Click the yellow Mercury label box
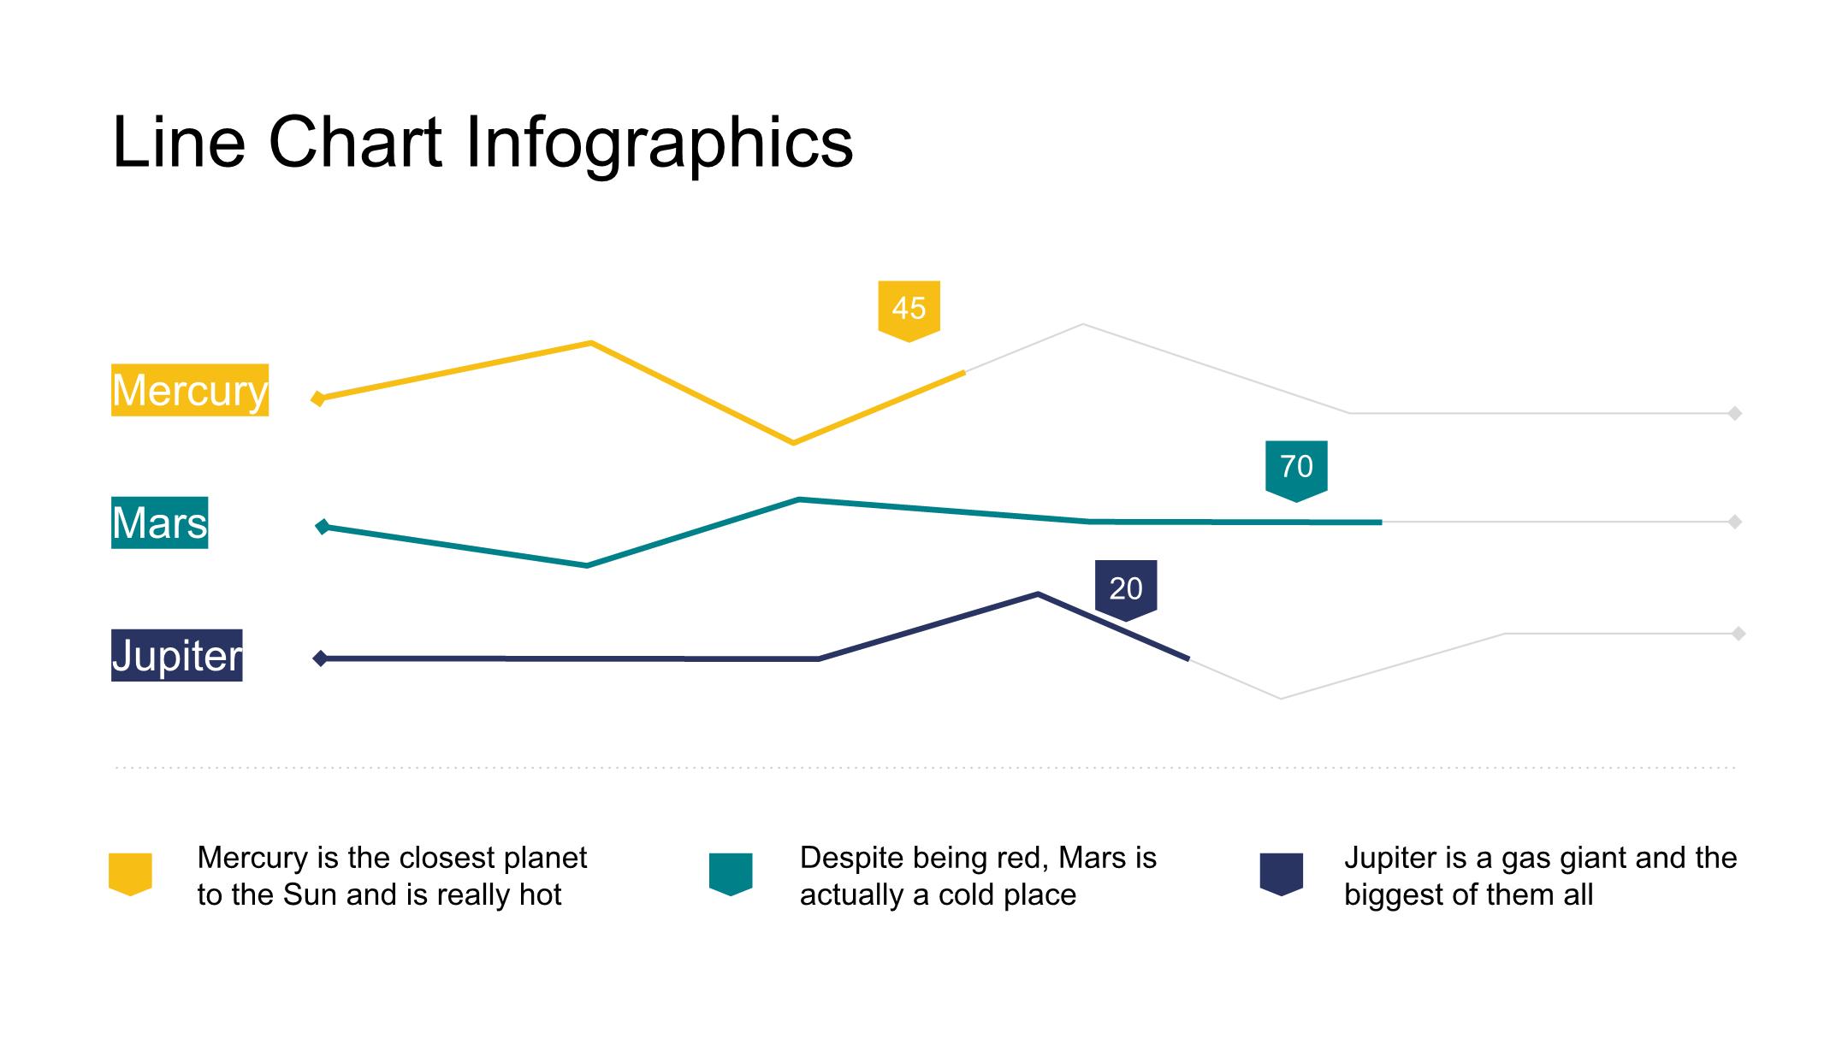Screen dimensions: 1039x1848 [x=190, y=390]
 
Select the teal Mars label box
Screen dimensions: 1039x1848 [x=160, y=522]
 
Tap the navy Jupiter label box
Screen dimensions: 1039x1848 [x=177, y=656]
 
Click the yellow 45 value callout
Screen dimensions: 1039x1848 [x=909, y=309]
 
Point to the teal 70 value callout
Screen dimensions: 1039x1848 [x=1296, y=468]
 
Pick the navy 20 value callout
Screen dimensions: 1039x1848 [x=1126, y=588]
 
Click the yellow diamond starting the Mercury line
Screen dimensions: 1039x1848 [x=318, y=398]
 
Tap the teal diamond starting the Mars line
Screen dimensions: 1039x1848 [x=323, y=527]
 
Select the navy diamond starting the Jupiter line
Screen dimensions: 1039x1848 [x=320, y=658]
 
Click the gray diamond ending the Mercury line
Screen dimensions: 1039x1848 [x=1735, y=414]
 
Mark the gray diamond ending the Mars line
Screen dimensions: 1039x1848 [x=1735, y=522]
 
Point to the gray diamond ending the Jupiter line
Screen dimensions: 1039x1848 [x=1738, y=634]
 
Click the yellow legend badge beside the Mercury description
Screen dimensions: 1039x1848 [x=130, y=874]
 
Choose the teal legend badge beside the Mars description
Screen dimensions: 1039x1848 [x=731, y=874]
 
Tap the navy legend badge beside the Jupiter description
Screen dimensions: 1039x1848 [x=1282, y=874]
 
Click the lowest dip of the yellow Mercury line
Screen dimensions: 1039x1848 [x=793, y=442]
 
